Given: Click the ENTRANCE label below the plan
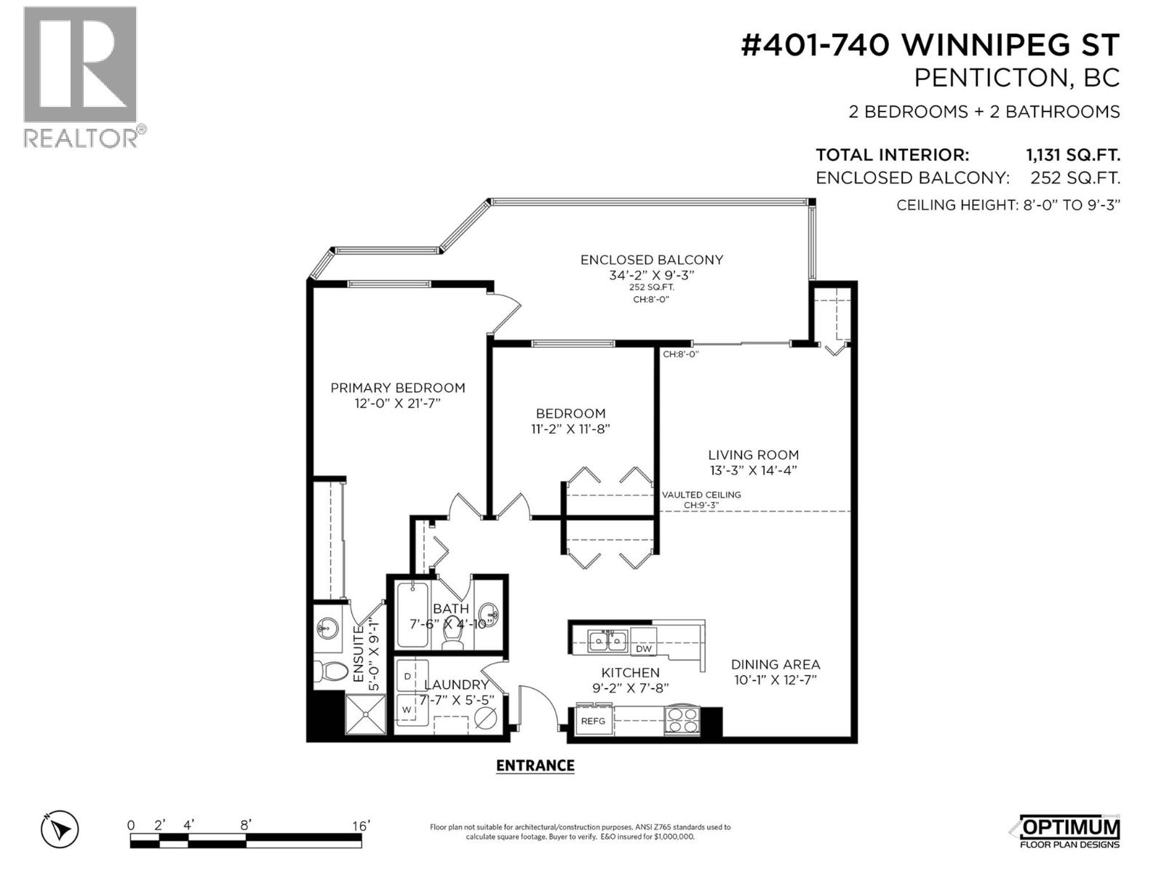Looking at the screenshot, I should pyautogui.click(x=535, y=765).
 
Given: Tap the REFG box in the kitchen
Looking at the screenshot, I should pyautogui.click(x=593, y=721).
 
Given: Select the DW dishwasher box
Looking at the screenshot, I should pyautogui.click(x=643, y=649).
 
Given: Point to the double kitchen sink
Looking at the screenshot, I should pyautogui.click(x=608, y=641).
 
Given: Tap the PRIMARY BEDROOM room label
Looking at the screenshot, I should pyautogui.click(x=397, y=388).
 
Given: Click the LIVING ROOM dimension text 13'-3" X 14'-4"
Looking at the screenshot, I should pyautogui.click(x=753, y=470).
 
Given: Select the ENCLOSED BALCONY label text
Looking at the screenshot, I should pyautogui.click(x=651, y=260).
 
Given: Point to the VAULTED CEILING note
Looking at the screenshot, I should pyautogui.click(x=701, y=495).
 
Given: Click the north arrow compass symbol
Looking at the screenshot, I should pyautogui.click(x=60, y=829).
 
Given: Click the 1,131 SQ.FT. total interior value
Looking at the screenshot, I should pyautogui.click(x=1072, y=155).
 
